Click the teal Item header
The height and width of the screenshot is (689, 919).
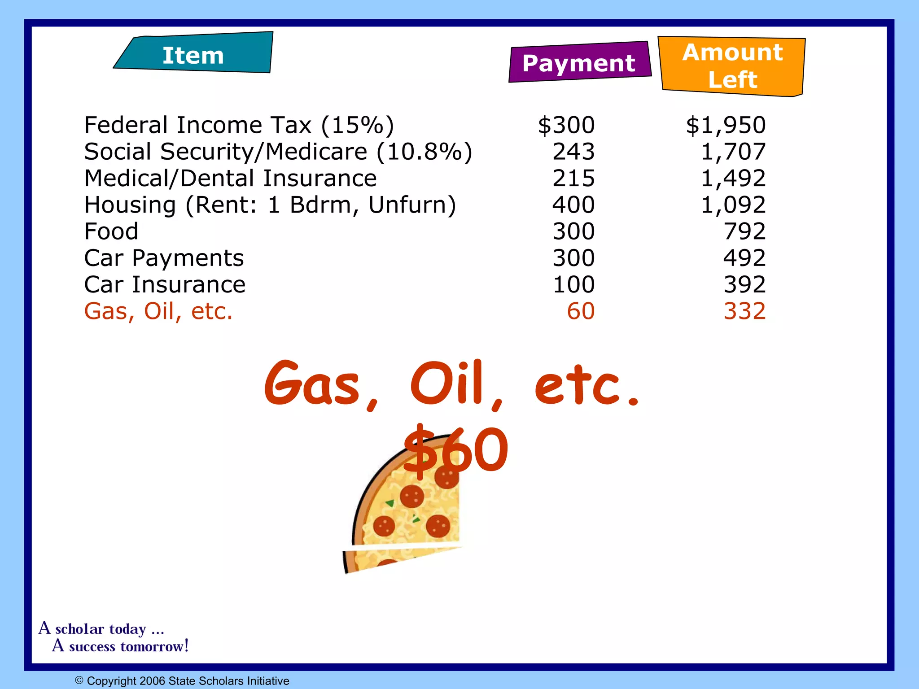coord(193,54)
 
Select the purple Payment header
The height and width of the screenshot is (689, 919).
coord(579,63)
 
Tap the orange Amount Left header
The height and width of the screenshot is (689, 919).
coord(732,66)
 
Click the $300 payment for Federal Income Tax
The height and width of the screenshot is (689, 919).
coord(566,125)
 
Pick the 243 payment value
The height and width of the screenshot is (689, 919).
coord(573,152)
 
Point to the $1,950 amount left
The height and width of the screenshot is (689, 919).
coord(725,125)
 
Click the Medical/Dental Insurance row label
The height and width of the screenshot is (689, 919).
coord(230,179)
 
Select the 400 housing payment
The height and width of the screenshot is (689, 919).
coord(573,205)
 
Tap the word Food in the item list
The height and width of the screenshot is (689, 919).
coord(111,231)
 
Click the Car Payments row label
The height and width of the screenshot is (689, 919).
coord(164,258)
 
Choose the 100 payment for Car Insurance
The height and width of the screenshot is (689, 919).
coord(573,285)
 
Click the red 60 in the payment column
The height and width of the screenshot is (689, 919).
coord(581,311)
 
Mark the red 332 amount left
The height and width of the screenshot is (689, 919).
coord(744,311)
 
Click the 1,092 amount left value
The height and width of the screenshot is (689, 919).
coord(733,205)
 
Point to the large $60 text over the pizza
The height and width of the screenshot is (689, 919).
coord(455,451)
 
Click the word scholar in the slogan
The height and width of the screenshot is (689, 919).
coord(101,629)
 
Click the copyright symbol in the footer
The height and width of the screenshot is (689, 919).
coord(79,680)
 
